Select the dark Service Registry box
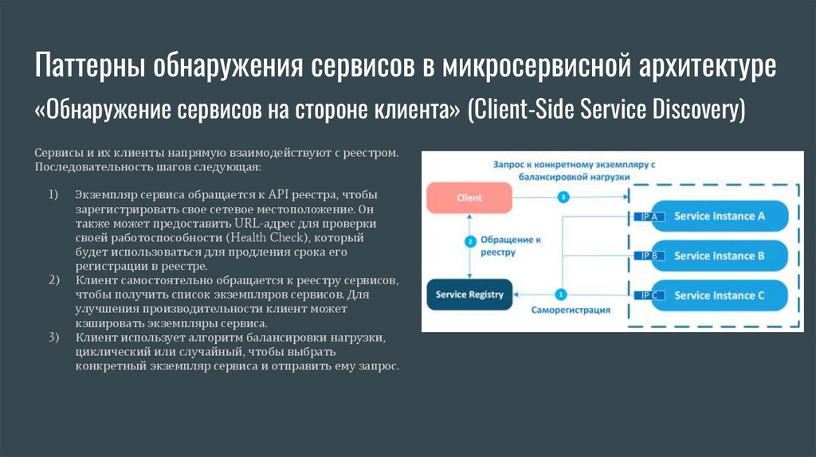(469, 295)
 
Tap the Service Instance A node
(720, 216)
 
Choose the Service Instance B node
(720, 256)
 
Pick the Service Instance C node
(720, 295)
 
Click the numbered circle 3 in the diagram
(563, 197)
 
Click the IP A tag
(648, 217)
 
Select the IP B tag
(648, 256)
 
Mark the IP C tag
(648, 295)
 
